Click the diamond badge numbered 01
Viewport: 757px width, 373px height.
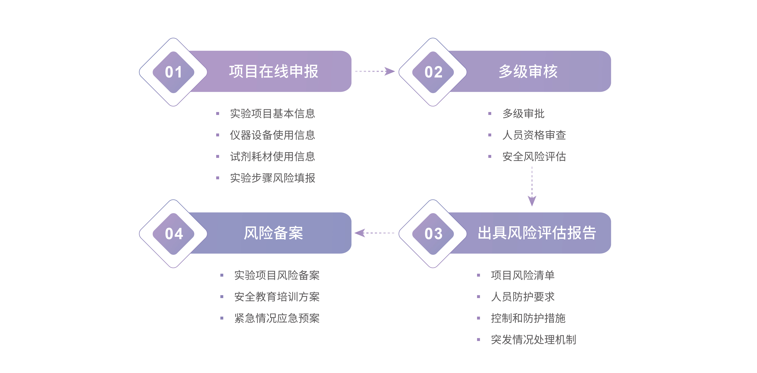pyautogui.click(x=173, y=72)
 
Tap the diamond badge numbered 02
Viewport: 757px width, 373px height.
pyautogui.click(x=433, y=72)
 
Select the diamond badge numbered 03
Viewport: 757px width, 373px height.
pyautogui.click(x=433, y=234)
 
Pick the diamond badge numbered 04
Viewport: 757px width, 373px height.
pyautogui.click(x=173, y=234)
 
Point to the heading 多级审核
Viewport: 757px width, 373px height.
pyautogui.click(x=528, y=71)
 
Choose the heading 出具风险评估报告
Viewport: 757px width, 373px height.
pyautogui.click(x=537, y=233)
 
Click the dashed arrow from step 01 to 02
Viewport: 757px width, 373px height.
pyautogui.click(x=375, y=71)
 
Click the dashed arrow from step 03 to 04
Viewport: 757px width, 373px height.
pyautogui.click(x=375, y=233)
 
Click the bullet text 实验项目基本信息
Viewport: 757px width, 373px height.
pyautogui.click(x=272, y=113)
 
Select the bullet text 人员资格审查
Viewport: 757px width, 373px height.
pyautogui.click(x=534, y=135)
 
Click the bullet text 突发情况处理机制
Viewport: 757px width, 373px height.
pyautogui.click(x=533, y=340)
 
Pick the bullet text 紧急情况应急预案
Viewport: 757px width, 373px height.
pyautogui.click(x=277, y=318)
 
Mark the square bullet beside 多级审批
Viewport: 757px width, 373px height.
pyautogui.click(x=490, y=113)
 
